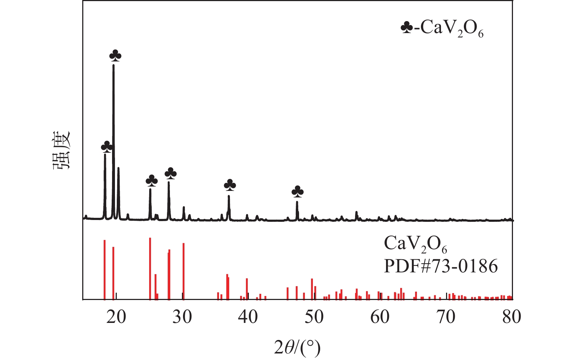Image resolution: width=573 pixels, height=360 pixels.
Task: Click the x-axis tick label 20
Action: [116, 317]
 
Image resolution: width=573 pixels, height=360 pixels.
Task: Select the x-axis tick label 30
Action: [182, 317]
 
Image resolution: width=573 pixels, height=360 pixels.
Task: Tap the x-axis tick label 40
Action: [248, 317]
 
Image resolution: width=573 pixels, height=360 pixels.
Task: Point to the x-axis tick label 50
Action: [314, 317]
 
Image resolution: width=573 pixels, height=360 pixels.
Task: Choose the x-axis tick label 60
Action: [380, 317]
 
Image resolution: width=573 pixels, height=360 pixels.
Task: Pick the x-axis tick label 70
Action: [446, 317]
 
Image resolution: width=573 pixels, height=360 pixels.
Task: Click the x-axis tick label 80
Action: [512, 317]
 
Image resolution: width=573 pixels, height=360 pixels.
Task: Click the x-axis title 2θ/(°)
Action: [297, 348]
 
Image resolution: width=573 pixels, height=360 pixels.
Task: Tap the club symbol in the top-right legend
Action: [406, 27]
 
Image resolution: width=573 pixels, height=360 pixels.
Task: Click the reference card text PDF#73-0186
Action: [441, 267]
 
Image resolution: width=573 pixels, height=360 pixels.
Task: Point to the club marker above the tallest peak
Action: [115, 56]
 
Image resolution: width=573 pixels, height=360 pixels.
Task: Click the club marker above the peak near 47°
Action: [298, 191]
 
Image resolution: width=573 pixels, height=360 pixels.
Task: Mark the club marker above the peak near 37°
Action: [230, 185]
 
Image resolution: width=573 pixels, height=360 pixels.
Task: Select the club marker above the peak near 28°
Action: [171, 173]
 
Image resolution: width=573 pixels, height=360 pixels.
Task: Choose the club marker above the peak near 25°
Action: [152, 180]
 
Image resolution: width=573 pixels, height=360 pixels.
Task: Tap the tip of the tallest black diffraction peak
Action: [114, 65]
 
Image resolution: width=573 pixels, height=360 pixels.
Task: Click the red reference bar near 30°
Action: [184, 271]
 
